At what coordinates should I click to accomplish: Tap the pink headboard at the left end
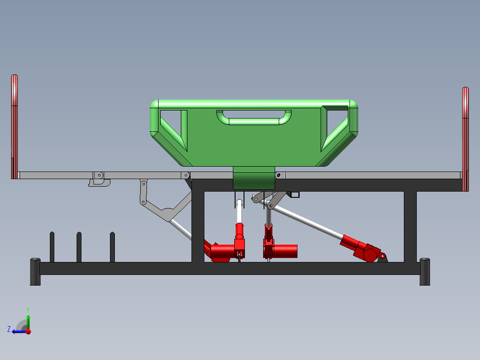point(14,127)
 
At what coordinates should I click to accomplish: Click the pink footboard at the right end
point(465,139)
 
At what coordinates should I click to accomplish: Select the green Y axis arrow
point(28,322)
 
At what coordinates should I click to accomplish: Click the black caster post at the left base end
point(35,272)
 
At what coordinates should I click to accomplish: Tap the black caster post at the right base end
point(425,272)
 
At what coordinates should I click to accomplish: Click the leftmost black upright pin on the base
point(52,247)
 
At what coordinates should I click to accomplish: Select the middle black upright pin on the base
point(79,247)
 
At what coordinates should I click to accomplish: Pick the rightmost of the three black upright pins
point(112,247)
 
